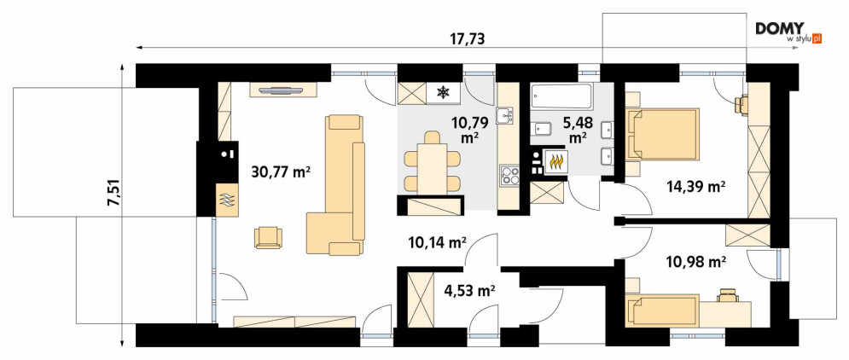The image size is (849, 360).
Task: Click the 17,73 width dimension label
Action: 468,39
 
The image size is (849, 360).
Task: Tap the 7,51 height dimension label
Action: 114,194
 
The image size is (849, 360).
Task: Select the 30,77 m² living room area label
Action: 281,172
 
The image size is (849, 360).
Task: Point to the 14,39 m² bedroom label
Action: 695,187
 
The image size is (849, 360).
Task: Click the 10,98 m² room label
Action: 695,262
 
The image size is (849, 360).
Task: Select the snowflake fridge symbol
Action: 444,93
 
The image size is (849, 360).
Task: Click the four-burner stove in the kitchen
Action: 509,177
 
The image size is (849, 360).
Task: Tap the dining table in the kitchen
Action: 433,162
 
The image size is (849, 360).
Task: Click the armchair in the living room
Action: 268,237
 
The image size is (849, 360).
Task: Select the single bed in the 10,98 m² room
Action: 662,311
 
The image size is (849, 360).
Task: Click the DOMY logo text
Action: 780,29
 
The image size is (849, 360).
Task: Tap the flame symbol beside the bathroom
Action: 557,161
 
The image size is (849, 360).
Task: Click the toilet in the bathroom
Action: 542,129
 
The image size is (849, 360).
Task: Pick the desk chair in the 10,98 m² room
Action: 729,295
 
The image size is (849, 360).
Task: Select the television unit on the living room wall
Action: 283,90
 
